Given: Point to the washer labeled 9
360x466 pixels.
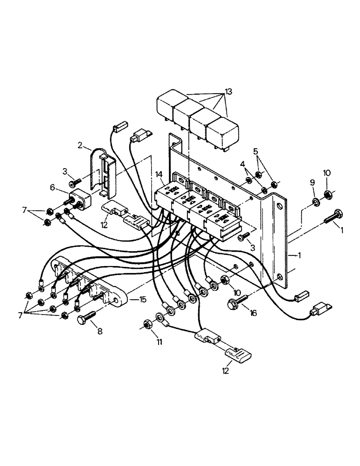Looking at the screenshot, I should coord(315,201).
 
